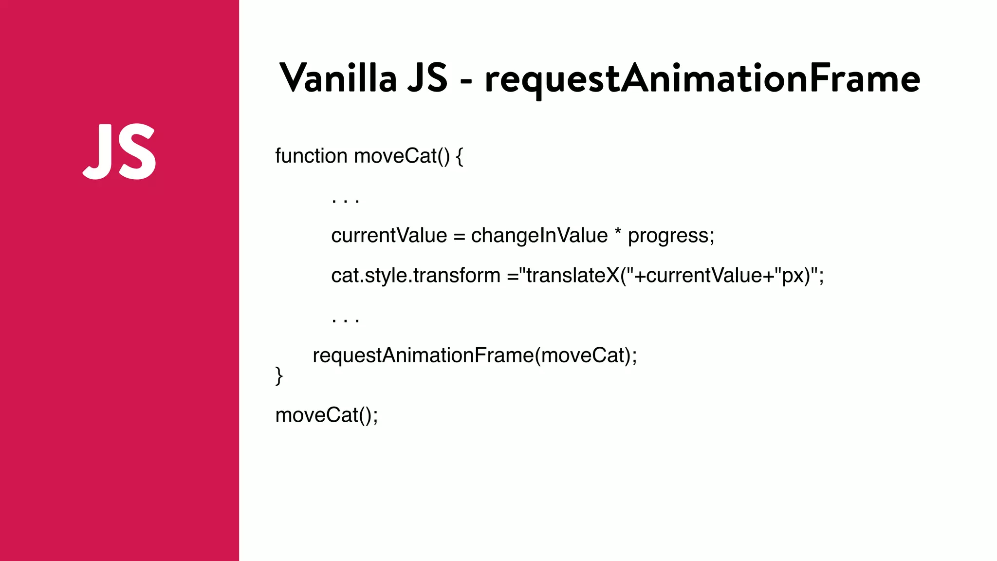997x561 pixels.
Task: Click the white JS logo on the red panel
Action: tap(120, 151)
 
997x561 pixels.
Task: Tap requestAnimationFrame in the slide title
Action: tap(702, 79)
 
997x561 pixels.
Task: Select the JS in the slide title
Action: tap(427, 78)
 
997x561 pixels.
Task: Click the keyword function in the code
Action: tap(311, 156)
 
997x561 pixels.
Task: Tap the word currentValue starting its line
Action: tap(388, 236)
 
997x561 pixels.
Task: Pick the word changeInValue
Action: tap(539, 236)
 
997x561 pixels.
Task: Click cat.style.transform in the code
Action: tap(415, 276)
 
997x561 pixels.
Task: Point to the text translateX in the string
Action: tap(572, 276)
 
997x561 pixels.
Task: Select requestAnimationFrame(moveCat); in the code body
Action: tap(475, 356)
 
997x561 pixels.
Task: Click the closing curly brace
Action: tap(279, 376)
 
